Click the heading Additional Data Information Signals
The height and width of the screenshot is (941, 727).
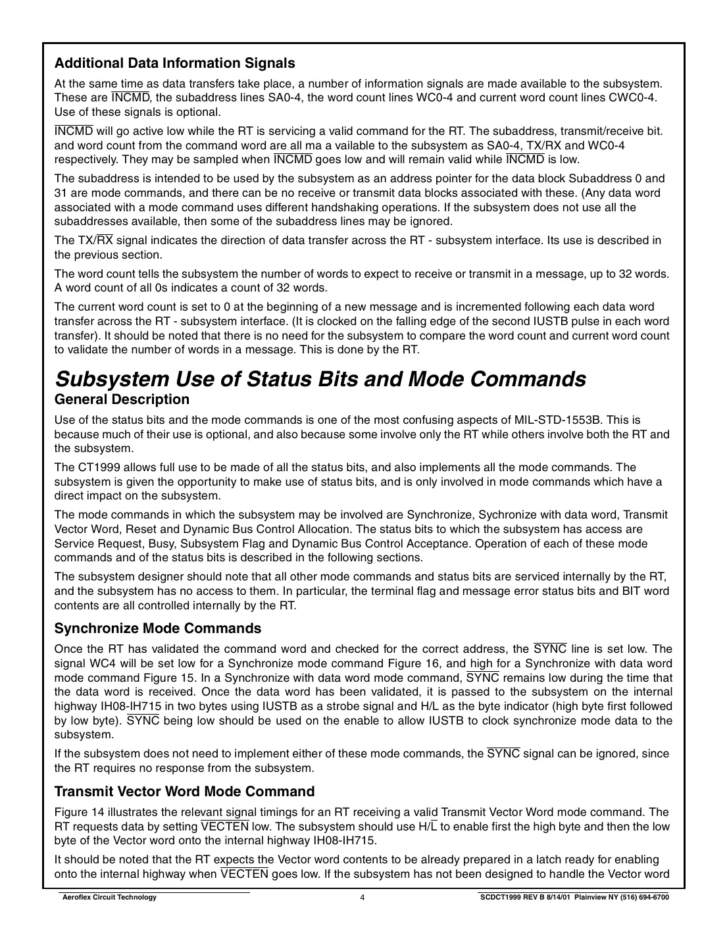(174, 63)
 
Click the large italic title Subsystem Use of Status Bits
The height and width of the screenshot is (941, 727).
(320, 379)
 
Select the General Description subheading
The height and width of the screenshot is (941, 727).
(122, 399)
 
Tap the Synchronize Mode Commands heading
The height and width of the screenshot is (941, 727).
(157, 628)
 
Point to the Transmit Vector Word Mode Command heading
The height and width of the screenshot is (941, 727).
(184, 791)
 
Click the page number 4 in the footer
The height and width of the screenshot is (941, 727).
(363, 898)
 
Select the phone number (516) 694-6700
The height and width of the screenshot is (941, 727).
(644, 898)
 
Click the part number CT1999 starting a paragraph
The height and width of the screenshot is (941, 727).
(95, 467)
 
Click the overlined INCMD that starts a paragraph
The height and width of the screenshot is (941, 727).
(74, 131)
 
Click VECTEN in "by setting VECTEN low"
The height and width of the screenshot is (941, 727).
(224, 827)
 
